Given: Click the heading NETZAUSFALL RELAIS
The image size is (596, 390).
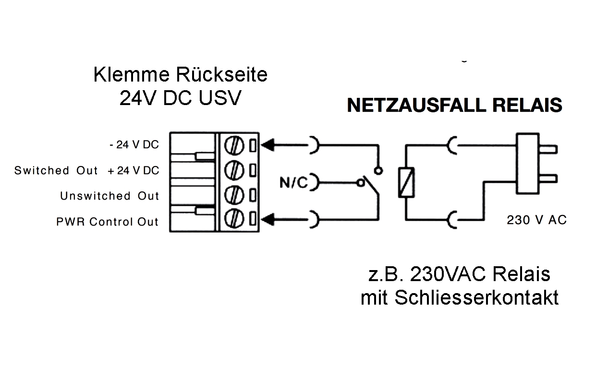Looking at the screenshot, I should (454, 106).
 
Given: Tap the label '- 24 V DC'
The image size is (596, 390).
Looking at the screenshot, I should (134, 145).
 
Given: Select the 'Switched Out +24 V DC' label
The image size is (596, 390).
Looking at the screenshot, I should (86, 171).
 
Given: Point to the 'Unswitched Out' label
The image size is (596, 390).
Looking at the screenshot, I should (109, 196).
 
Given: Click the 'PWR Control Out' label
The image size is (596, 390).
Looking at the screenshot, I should (107, 222).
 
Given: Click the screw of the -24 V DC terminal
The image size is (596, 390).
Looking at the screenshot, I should (233, 144).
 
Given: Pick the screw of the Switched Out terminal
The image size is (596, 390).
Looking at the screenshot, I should (233, 169).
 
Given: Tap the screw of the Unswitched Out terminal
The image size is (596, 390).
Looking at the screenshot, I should (233, 195).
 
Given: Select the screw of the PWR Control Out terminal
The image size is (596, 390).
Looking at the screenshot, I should (233, 220).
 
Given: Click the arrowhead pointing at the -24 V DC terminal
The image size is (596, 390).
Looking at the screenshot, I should (270, 144).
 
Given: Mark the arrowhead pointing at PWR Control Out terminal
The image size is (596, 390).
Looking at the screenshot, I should (270, 220).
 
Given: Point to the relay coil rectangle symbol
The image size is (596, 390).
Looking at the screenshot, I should (405, 182).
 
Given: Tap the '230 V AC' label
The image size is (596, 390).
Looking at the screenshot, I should (536, 220).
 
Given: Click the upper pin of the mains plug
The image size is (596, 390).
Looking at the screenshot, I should (548, 150).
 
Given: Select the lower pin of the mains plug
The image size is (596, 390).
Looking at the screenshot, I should (548, 179).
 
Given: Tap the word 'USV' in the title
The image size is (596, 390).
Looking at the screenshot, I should (219, 98).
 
